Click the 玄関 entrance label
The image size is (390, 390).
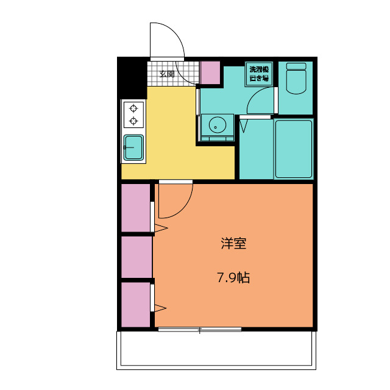tap(167, 74)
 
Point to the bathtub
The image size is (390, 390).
tap(293, 149)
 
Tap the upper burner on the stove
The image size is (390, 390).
tap(133, 108)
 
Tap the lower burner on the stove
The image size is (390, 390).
tap(133, 121)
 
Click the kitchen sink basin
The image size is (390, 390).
tap(134, 147)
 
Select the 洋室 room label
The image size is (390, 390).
tap(233, 244)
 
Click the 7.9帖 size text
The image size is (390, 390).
tap(233, 278)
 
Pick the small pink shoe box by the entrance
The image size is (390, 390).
tap(210, 73)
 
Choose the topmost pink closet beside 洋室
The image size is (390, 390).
tap(135, 207)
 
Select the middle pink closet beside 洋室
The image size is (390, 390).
tap(135, 257)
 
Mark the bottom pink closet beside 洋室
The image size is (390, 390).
tap(135, 304)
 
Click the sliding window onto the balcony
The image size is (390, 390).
tap(199, 330)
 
